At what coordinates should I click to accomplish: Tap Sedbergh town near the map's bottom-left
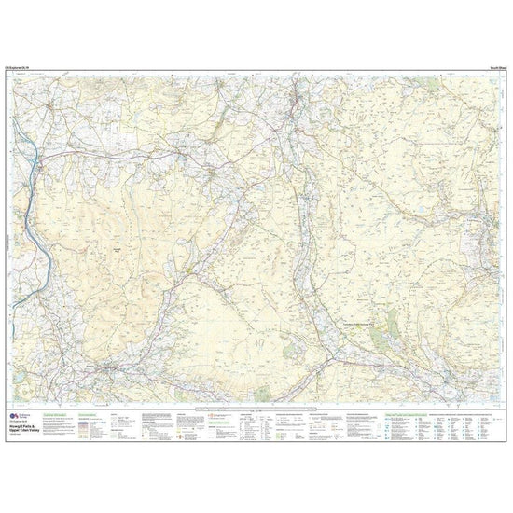[112, 366]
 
